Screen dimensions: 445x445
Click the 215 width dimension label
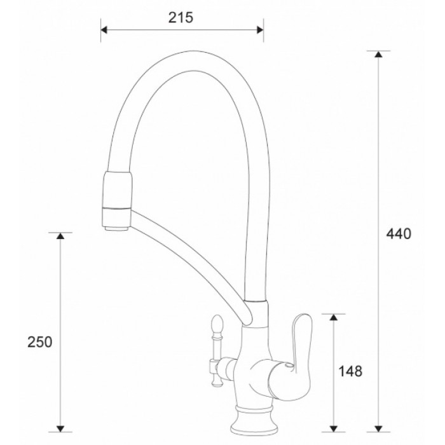tap(181, 18)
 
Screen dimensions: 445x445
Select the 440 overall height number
tap(399, 233)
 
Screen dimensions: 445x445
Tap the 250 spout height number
tap(39, 341)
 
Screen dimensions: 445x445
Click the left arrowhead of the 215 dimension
tap(106, 29)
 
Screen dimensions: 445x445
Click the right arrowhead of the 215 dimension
tap(259, 29)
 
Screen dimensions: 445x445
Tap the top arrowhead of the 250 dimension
tap(60, 236)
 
